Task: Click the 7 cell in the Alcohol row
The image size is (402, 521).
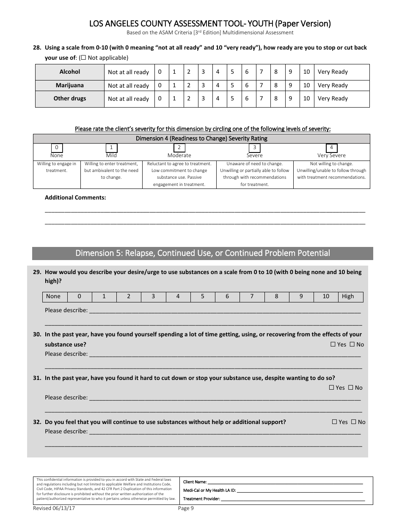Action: pos(262,72)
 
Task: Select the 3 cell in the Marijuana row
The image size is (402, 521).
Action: pos(203,85)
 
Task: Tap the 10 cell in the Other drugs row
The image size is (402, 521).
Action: pos(307,98)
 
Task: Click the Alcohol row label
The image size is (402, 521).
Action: pos(70,72)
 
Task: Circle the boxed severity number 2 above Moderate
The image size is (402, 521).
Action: pos(179,148)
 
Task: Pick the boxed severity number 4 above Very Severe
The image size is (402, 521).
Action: pos(332,148)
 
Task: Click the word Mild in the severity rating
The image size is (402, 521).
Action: pos(111,155)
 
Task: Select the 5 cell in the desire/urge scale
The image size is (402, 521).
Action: pos(203,297)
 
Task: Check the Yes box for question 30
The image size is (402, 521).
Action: pos(333,344)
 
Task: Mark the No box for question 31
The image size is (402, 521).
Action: pos(350,388)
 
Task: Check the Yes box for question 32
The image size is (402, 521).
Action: pos(334,422)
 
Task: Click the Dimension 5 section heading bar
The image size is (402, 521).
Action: pos(203,253)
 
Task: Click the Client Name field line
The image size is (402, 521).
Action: pos(285,482)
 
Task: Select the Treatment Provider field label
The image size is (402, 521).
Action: pos(201,499)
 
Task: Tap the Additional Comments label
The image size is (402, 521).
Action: pos(75,197)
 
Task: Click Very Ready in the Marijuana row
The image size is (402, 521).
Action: pos(333,85)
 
